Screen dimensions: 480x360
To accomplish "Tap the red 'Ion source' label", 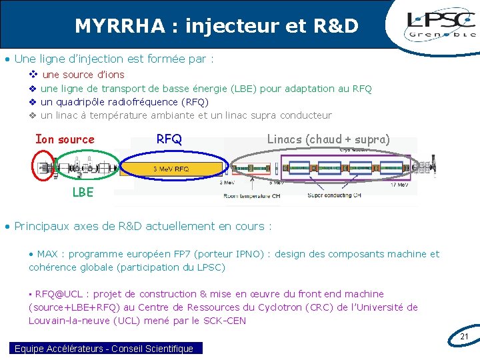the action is [65, 139].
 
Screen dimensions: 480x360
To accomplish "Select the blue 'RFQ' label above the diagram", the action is [169, 139].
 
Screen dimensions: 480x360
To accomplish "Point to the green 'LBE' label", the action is [83, 193].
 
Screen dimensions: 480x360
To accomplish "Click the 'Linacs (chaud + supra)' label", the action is [328, 139].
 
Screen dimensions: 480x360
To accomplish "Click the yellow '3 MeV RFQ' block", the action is [172, 169].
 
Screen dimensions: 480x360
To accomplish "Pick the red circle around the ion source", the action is [45, 165].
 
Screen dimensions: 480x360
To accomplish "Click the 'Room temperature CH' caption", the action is [252, 195].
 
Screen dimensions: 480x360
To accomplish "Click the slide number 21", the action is [465, 337].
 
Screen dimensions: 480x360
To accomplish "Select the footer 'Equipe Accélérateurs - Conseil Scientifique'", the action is [104, 349].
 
